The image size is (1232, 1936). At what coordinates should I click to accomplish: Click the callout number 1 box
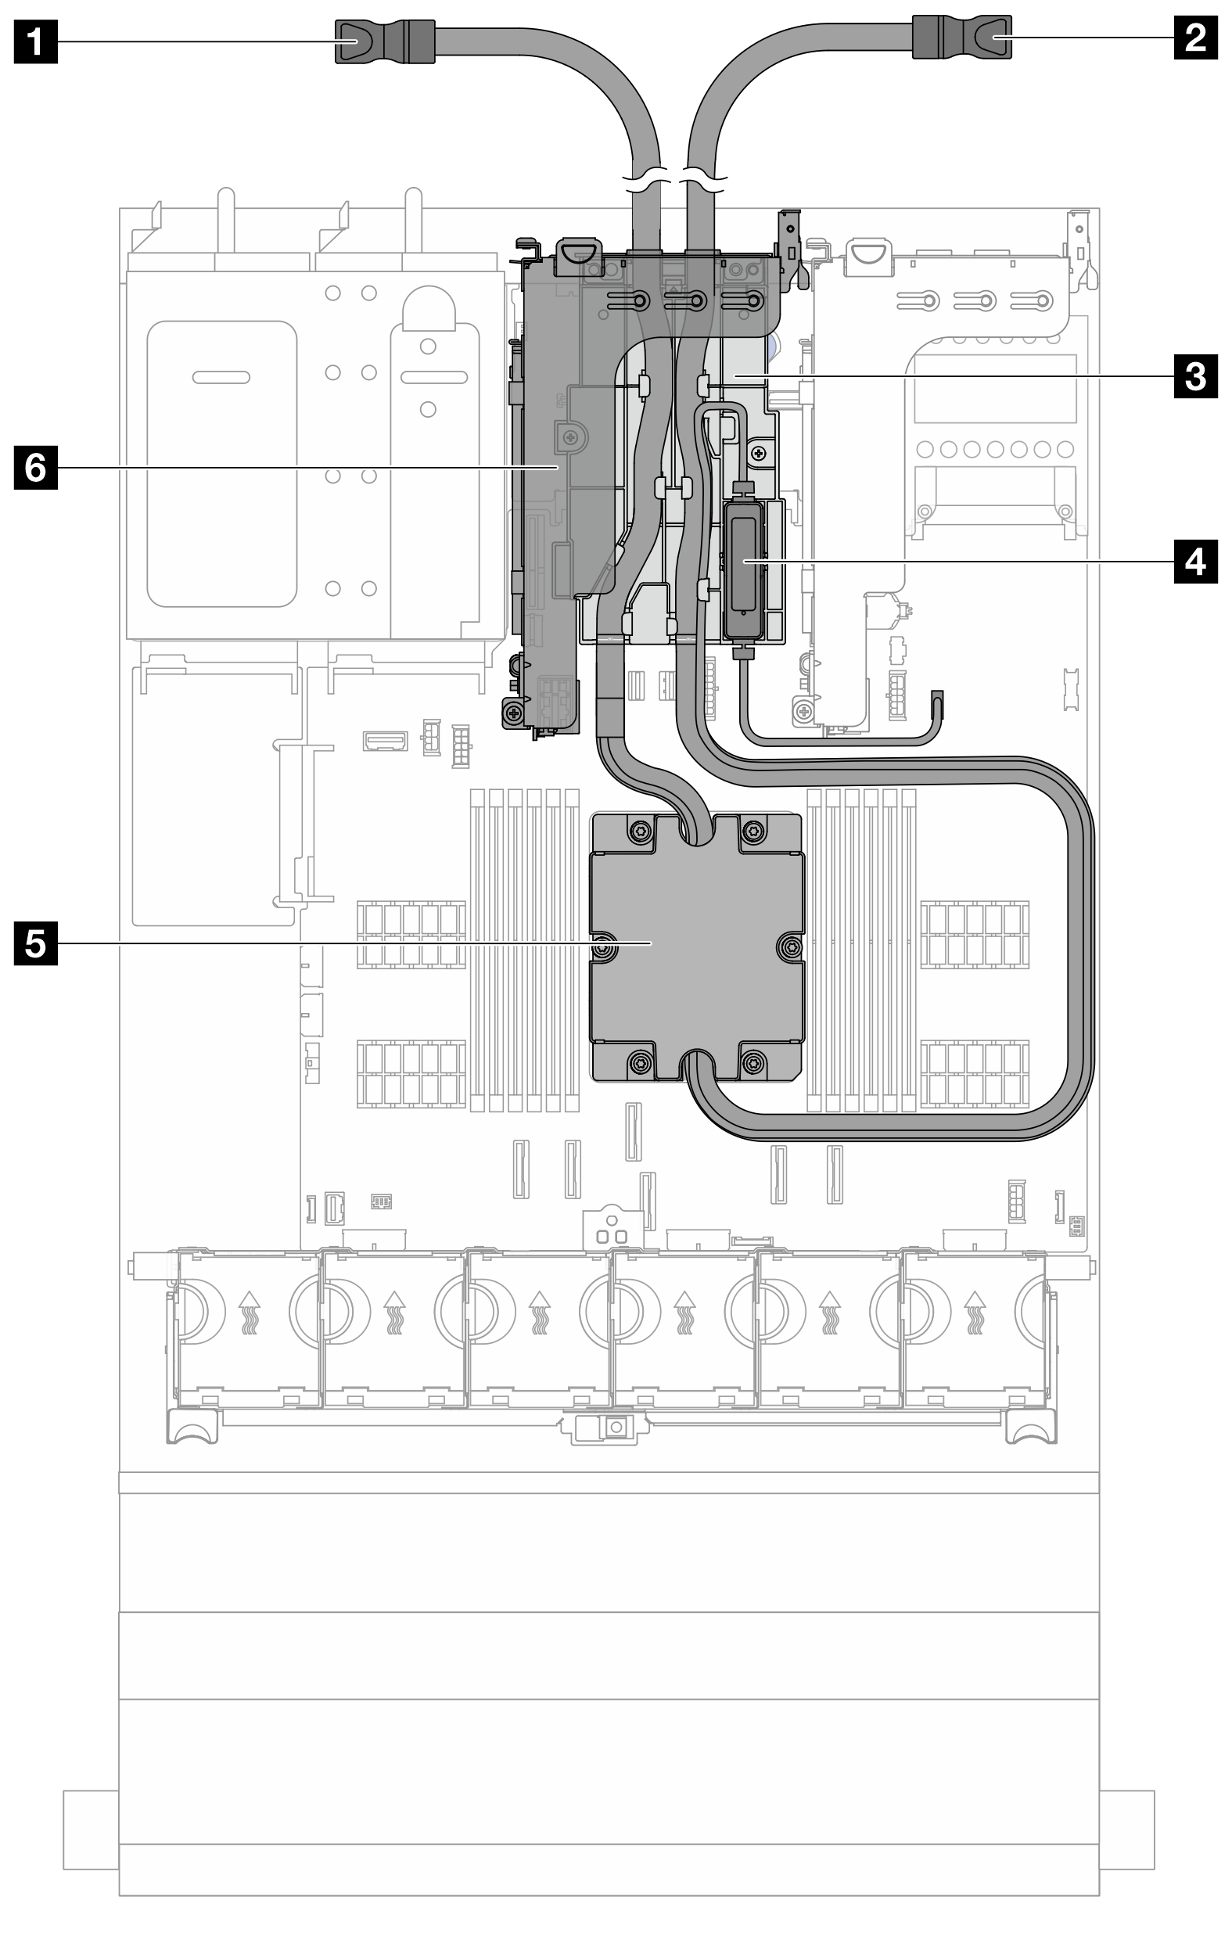click(x=35, y=39)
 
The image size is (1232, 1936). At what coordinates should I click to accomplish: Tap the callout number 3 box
click(x=1196, y=375)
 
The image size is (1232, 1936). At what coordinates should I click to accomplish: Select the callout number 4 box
click(x=1196, y=560)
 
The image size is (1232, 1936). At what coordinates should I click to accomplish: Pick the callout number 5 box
click(x=35, y=943)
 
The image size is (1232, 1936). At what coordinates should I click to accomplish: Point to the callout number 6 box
click(x=35, y=466)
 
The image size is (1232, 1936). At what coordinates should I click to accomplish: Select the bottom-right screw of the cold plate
click(x=753, y=1063)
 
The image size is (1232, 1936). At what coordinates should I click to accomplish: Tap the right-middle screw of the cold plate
click(x=790, y=949)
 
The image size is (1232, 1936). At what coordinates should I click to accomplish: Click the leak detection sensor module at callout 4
click(x=745, y=567)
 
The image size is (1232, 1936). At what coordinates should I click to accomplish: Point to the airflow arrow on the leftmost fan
click(x=250, y=1311)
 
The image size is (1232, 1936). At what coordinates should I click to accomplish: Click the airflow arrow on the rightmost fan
click(x=975, y=1311)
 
